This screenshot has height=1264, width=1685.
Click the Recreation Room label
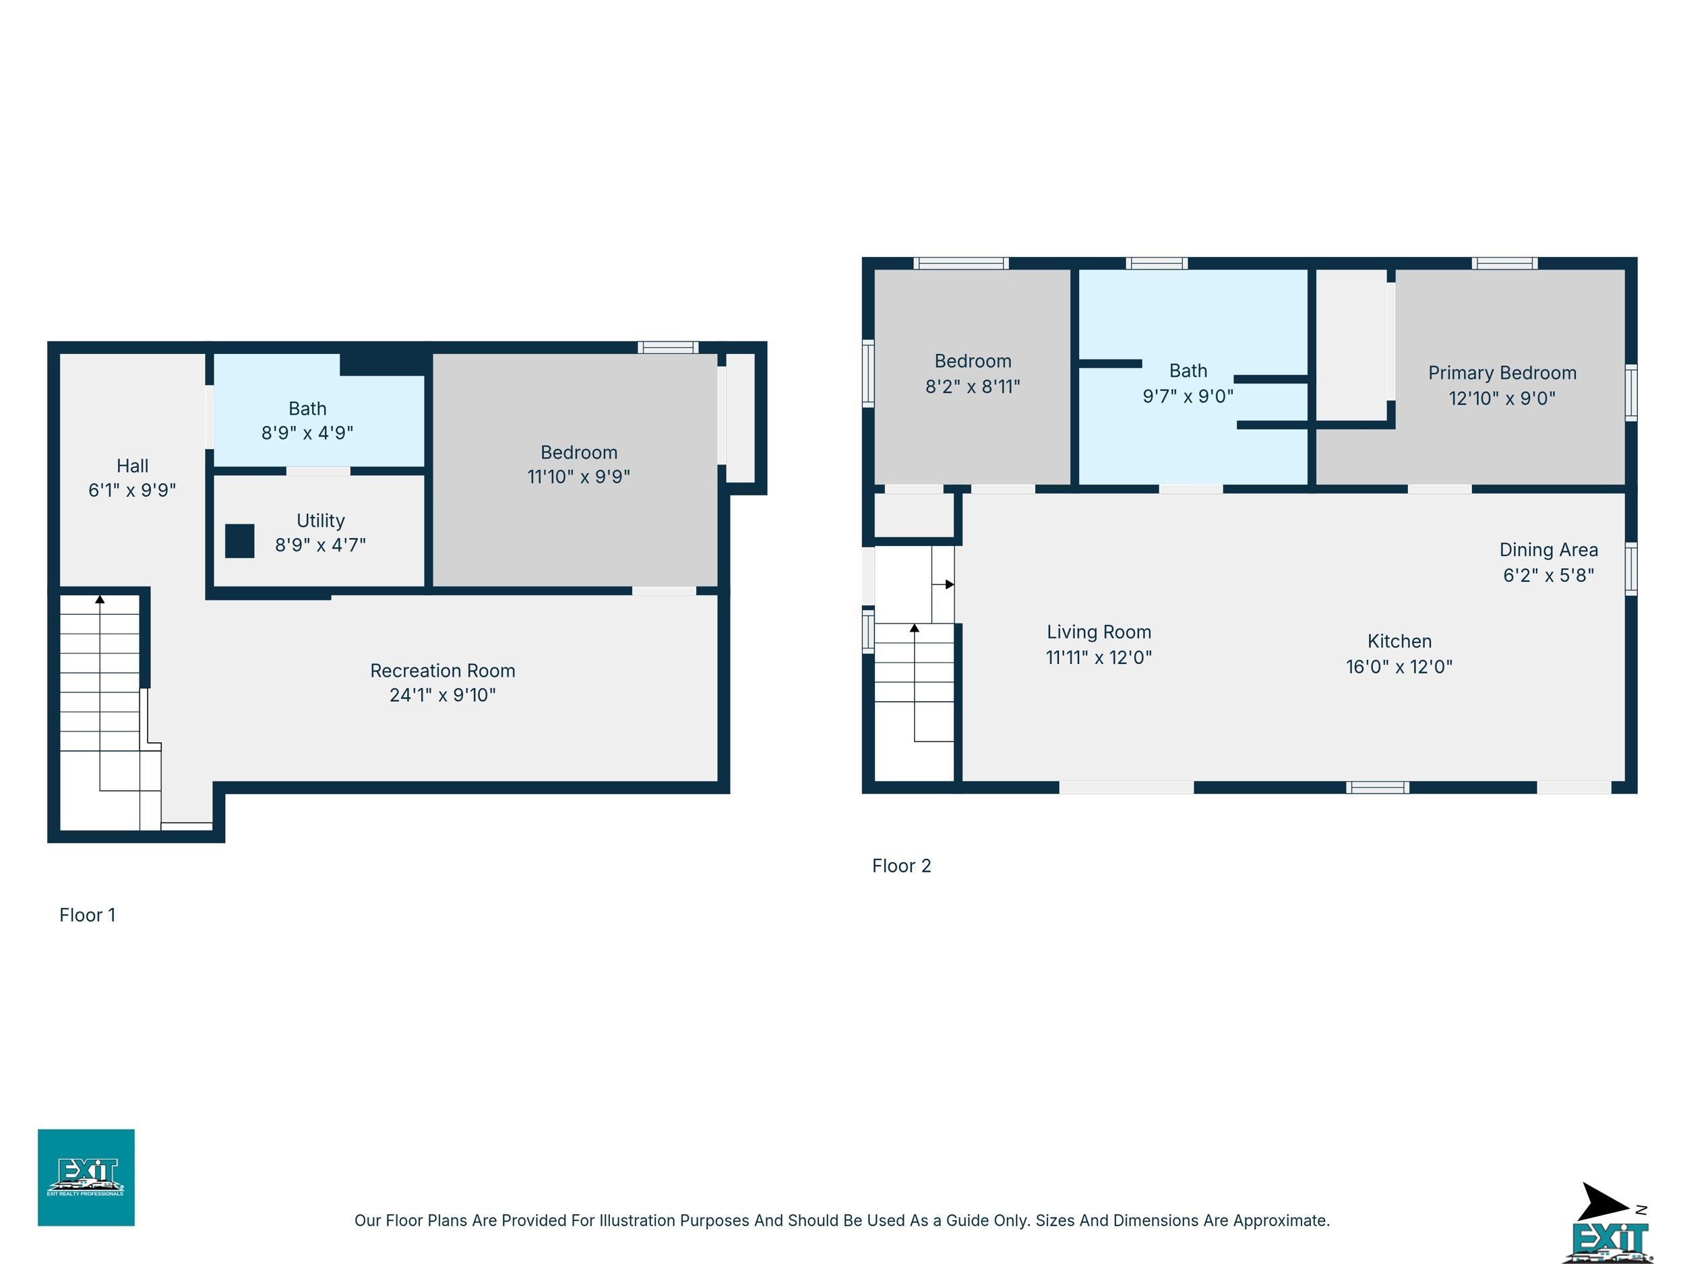coord(443,671)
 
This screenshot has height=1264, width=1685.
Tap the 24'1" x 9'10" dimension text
coord(443,695)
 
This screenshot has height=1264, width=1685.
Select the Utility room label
coord(321,521)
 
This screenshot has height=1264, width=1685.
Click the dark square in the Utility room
coord(239,541)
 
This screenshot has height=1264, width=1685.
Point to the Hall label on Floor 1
coord(133,466)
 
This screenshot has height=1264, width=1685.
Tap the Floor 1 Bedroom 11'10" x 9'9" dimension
coord(579,476)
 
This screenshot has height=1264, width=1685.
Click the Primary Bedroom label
coord(1502,373)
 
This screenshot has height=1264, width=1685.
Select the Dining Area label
coord(1549,550)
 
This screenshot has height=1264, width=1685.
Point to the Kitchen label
coord(1399,642)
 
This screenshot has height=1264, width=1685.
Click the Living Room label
coord(1099,632)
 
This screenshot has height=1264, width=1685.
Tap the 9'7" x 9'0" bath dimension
coord(1188,396)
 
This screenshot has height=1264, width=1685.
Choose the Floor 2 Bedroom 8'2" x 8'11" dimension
coord(973,386)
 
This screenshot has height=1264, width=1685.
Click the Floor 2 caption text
coord(901,866)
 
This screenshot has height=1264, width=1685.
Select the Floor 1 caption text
coord(88,915)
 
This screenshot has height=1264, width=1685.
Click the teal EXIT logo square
coord(86,1177)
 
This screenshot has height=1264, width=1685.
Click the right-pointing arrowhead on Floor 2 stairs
coord(949,584)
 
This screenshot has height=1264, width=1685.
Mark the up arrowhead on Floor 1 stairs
coord(100,599)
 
